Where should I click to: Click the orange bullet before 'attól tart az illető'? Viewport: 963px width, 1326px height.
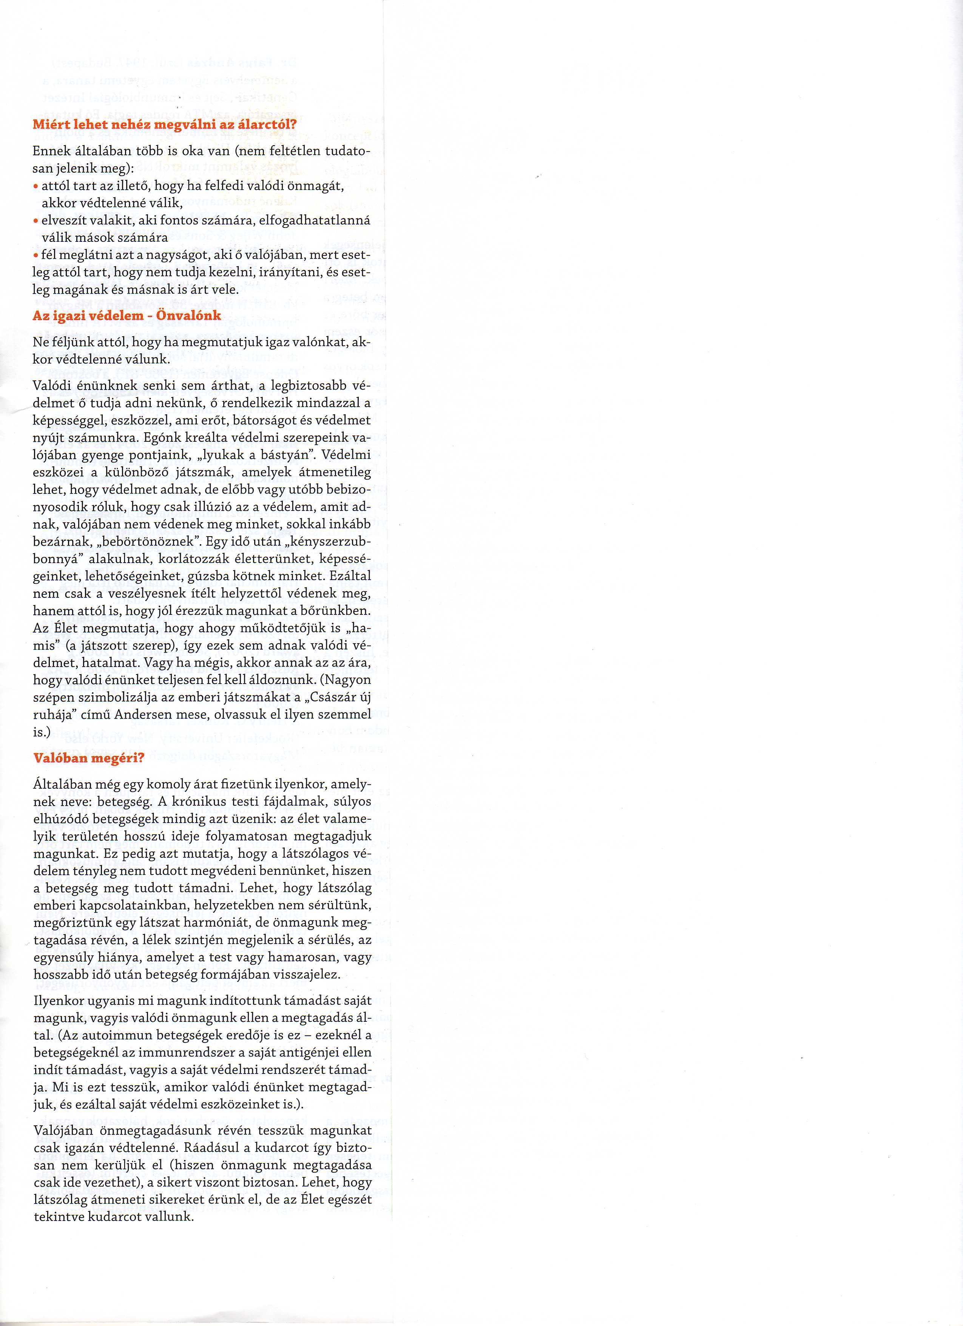pyautogui.click(x=35, y=186)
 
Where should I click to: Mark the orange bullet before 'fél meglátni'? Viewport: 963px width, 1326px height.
pyautogui.click(x=35, y=255)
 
